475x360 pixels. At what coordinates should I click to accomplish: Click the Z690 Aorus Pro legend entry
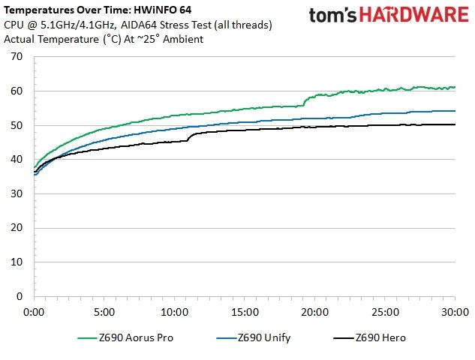(x=125, y=337)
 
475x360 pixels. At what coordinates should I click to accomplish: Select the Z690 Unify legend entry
(x=254, y=337)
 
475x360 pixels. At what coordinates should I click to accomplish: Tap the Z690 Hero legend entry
(x=370, y=337)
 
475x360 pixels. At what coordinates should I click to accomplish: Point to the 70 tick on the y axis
(x=17, y=56)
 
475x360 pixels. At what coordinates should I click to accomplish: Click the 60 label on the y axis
(x=17, y=91)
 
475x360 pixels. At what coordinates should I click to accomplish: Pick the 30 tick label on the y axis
(x=17, y=193)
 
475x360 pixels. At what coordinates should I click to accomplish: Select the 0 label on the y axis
(x=20, y=296)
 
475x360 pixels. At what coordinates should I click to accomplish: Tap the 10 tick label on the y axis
(x=17, y=262)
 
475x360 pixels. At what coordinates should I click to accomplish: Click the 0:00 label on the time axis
(x=34, y=312)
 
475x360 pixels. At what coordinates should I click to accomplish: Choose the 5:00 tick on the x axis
(x=104, y=312)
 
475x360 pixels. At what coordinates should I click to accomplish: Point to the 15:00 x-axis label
(x=245, y=312)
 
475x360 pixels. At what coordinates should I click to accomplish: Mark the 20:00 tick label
(x=314, y=312)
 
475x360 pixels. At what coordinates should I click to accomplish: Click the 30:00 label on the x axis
(x=455, y=312)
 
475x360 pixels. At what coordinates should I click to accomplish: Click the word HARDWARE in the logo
(x=414, y=14)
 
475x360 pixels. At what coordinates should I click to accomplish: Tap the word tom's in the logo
(x=333, y=15)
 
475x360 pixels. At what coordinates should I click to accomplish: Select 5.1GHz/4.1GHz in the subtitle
(x=77, y=25)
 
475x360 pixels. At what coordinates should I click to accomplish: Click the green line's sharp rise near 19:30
(x=305, y=101)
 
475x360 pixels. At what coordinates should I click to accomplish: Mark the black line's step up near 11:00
(x=189, y=137)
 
